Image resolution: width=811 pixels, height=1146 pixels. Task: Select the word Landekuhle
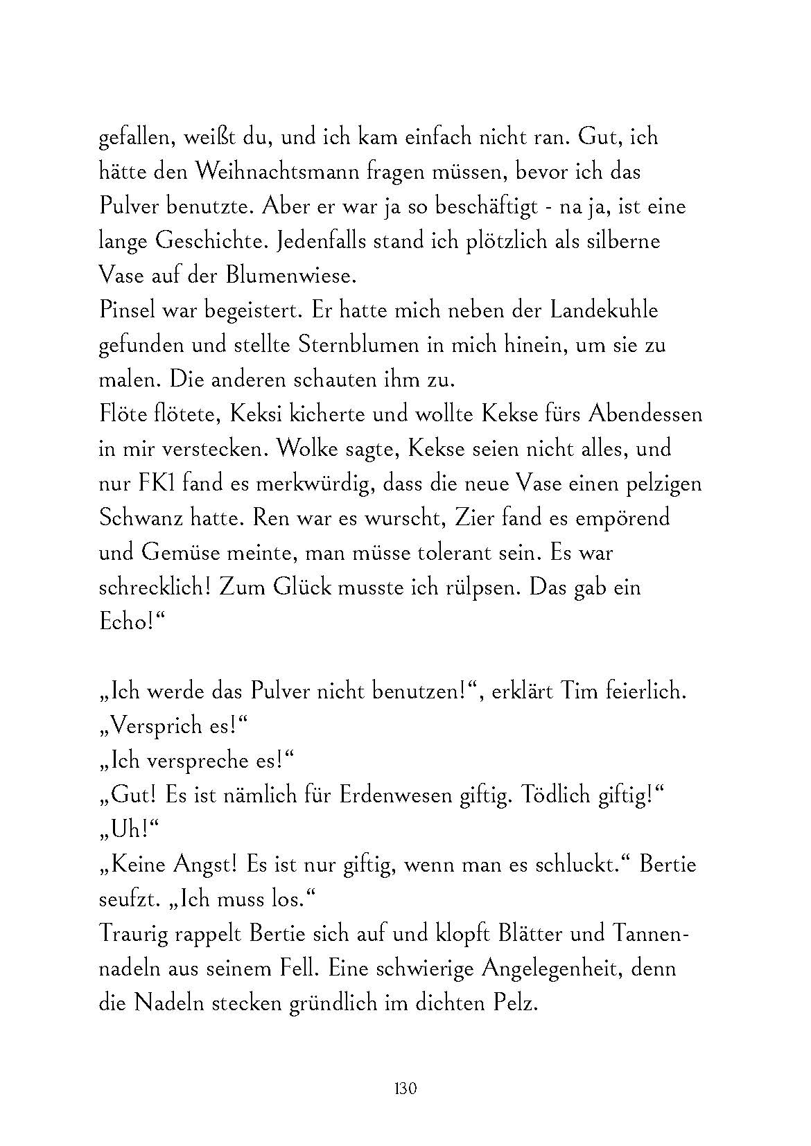604,310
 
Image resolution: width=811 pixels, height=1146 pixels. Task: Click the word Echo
123,622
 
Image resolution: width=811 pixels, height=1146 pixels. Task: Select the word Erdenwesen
396,795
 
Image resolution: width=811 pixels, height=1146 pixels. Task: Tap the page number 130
405,1088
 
